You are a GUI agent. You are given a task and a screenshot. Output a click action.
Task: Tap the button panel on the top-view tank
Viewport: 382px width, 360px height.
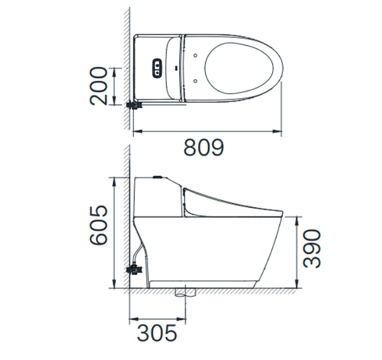coord(157,67)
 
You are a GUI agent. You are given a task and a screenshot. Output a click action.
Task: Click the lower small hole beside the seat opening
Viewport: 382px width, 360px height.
coord(196,79)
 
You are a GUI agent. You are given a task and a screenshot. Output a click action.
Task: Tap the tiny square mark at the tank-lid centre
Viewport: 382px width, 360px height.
coord(175,67)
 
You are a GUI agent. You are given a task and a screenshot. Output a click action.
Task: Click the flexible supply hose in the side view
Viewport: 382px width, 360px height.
coord(141,252)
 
